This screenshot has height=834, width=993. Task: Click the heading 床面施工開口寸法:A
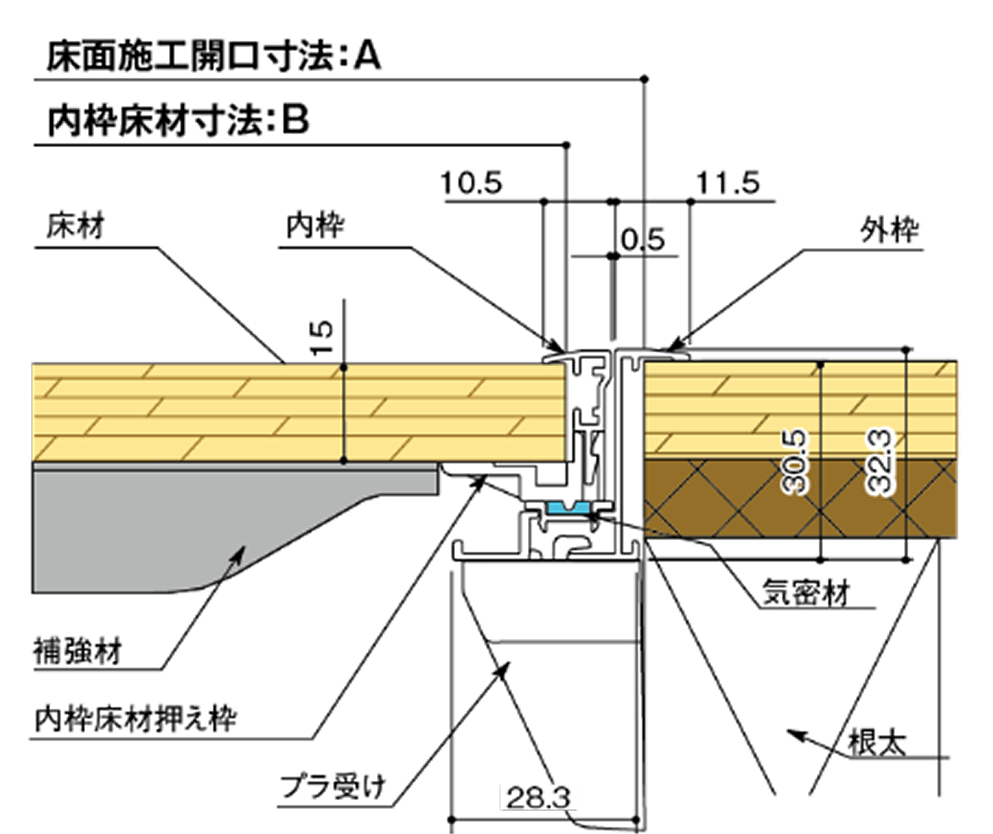[214, 57]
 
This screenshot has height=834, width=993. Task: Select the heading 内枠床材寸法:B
[178, 121]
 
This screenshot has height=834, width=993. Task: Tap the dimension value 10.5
[471, 183]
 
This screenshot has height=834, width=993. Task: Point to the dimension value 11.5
[728, 183]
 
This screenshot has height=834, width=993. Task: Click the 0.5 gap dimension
[643, 240]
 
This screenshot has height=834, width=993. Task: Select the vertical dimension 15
[321, 338]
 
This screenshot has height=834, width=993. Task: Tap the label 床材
[76, 226]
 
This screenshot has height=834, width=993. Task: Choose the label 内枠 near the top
[315, 226]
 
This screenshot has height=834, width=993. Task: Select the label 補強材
[78, 651]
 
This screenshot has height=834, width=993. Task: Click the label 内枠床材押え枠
[136, 719]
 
